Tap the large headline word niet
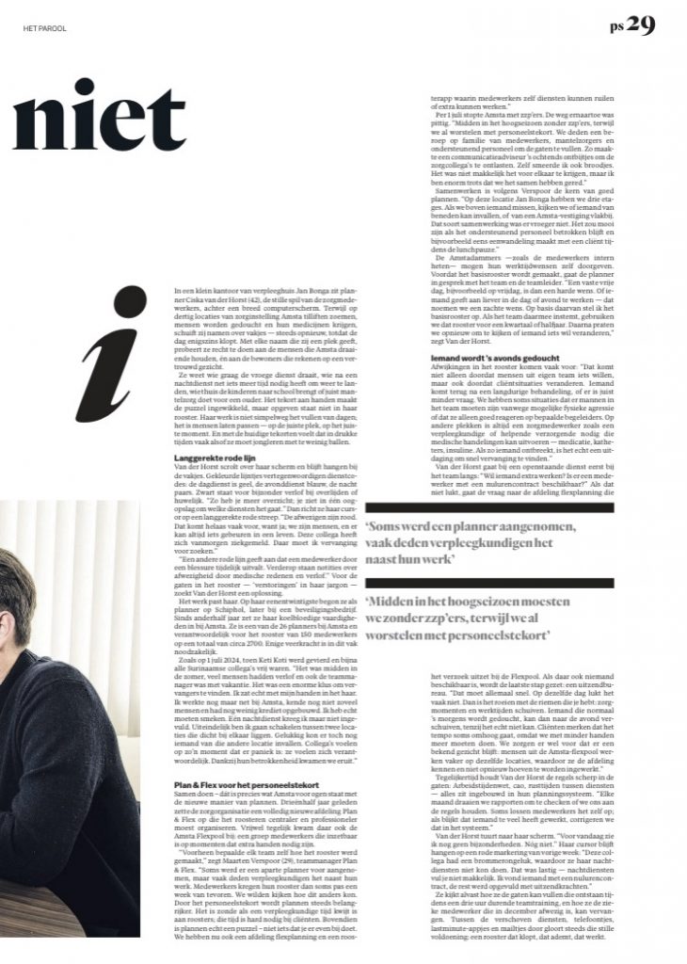point(99,117)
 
